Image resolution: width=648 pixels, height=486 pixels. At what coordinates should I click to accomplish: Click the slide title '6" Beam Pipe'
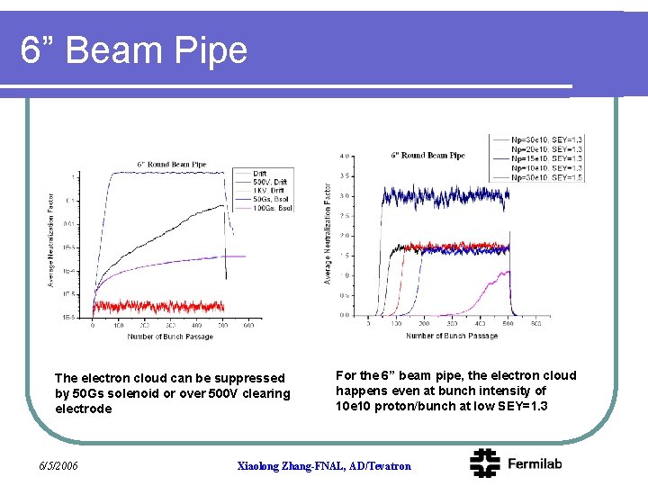134,50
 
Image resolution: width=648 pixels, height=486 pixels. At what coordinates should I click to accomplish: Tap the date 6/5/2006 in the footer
58,465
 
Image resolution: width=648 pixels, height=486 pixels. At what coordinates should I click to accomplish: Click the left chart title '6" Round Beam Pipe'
171,165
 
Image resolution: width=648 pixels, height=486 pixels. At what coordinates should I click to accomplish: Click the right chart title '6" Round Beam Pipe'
427,155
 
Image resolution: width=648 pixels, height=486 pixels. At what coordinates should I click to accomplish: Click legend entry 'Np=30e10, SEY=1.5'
547,177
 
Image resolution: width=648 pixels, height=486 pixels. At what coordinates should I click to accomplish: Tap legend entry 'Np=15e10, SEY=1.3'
547,158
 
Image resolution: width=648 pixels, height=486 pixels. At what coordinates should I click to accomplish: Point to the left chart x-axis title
170,337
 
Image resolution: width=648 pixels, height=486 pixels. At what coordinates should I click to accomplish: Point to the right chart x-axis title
451,336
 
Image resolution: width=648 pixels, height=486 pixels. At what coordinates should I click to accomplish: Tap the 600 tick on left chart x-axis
247,327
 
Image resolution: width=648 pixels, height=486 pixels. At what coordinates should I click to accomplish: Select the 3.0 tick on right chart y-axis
346,196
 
